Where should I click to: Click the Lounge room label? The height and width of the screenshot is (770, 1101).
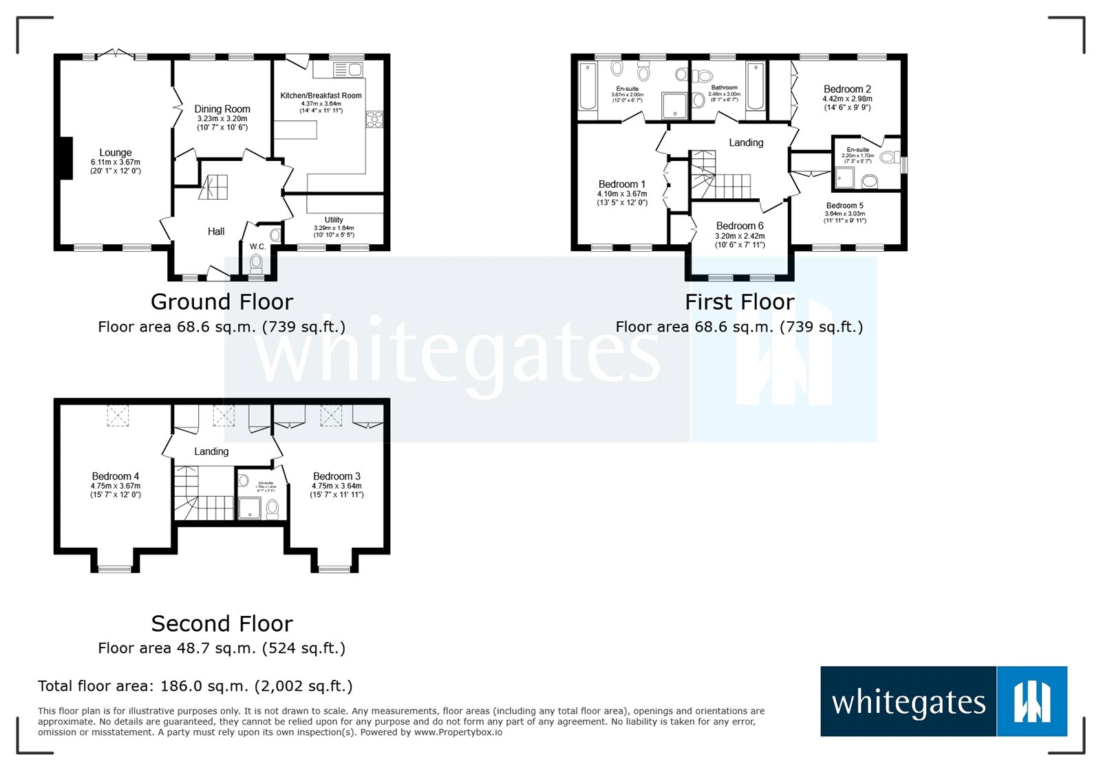tap(115, 153)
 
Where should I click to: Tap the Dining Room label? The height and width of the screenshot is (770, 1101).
tap(222, 109)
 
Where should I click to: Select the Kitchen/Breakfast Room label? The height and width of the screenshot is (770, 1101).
tap(321, 96)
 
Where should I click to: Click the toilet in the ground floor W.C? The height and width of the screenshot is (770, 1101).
tap(256, 264)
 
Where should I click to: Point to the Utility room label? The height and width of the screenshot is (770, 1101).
tap(334, 220)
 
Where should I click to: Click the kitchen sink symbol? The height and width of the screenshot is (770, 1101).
tap(348, 69)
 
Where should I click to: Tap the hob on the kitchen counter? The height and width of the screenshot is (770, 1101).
tap(374, 119)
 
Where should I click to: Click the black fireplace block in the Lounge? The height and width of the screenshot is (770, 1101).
tap(64, 158)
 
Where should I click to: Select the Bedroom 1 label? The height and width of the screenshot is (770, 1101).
tap(621, 184)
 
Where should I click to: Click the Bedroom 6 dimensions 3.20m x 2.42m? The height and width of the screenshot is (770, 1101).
tap(740, 236)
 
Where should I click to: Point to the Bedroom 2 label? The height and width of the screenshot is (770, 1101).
tap(847, 89)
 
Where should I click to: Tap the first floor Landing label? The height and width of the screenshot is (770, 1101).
tap(746, 142)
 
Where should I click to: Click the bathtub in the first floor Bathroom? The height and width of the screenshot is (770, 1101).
tap(755, 87)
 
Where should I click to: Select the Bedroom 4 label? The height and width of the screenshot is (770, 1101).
tap(116, 476)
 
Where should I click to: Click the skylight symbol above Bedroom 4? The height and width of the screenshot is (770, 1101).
tap(118, 416)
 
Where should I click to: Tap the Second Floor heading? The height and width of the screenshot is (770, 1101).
tap(222, 623)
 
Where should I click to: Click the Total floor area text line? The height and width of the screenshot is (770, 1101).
tap(195, 686)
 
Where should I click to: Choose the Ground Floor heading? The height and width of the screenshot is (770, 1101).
tap(222, 301)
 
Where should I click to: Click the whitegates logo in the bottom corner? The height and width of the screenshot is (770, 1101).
tap(943, 701)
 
